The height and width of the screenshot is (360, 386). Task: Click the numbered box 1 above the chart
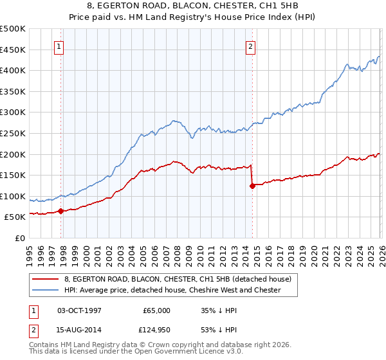coord(59,46)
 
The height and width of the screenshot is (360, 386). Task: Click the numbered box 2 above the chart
coord(250,46)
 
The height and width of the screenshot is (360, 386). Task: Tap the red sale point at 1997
coord(60,210)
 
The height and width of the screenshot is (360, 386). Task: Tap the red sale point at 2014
coord(252,186)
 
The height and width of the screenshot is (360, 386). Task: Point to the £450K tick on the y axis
coord(14,50)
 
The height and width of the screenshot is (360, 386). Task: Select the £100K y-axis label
coord(14,196)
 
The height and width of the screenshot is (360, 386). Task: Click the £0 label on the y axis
coord(19,238)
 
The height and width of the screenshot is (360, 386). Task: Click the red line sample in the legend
coord(46,279)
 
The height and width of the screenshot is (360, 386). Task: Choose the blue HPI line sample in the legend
coord(46,290)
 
